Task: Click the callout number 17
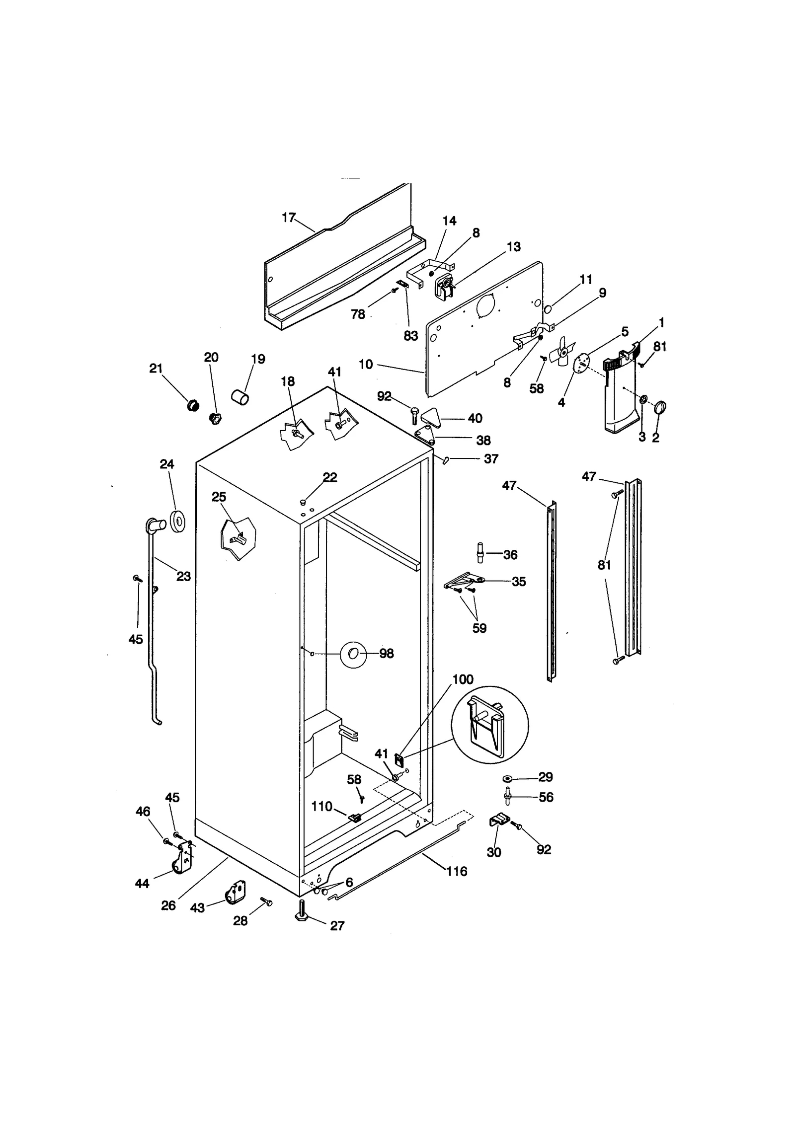coord(288,218)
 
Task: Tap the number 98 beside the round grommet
coord(387,654)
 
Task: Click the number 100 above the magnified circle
coord(463,679)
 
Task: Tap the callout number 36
coord(510,555)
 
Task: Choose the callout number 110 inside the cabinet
coord(321,807)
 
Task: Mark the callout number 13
coord(514,247)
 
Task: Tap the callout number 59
coord(479,628)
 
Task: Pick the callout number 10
coord(366,365)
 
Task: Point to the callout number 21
coord(156,369)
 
